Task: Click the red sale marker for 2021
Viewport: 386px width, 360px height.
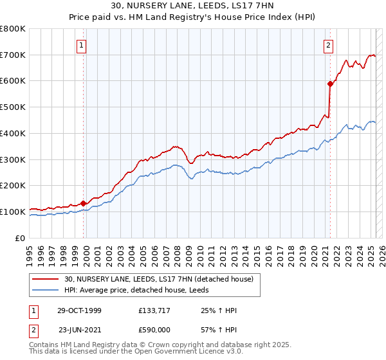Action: click(330, 83)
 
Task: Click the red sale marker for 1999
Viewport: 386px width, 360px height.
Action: click(83, 203)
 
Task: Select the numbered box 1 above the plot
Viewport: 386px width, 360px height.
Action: click(83, 45)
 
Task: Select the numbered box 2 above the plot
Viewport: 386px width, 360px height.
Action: click(329, 45)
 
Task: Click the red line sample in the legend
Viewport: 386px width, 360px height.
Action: click(45, 279)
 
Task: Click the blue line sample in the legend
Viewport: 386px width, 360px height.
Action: click(45, 290)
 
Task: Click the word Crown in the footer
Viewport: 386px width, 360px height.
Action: click(152, 345)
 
